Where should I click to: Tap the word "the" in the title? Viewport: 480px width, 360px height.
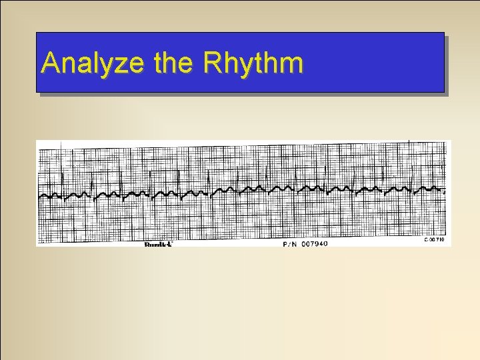(x=175, y=63)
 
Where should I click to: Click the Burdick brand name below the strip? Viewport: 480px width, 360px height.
(x=159, y=245)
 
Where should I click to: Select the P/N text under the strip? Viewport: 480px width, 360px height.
(x=290, y=244)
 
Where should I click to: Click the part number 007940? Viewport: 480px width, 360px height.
(x=314, y=244)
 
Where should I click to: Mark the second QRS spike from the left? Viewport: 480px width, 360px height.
(x=91, y=177)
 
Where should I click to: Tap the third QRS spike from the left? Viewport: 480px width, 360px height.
(x=121, y=177)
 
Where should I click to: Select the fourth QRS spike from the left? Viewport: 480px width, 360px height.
(x=150, y=177)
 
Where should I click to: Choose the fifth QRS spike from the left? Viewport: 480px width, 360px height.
(x=179, y=177)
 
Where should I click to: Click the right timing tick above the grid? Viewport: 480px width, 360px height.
(x=408, y=142)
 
